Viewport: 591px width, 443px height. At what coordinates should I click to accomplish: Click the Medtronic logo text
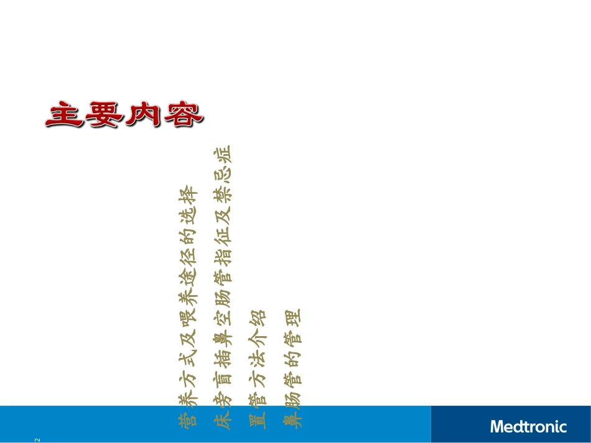pos(528,426)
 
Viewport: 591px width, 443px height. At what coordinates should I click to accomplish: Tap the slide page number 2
pos(37,440)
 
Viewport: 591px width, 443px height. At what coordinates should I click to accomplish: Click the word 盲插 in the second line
pos(222,363)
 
